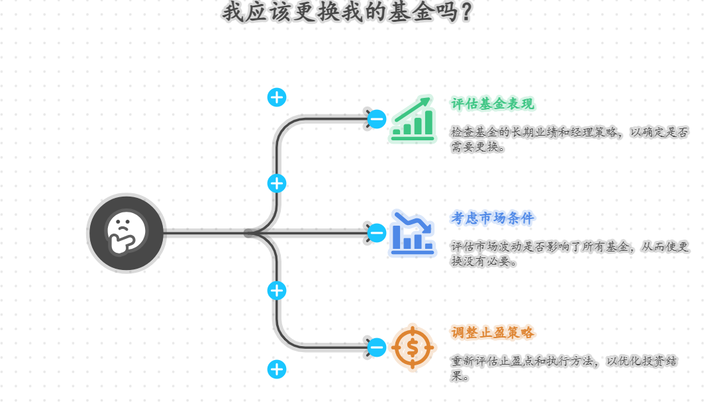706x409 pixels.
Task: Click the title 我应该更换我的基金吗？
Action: [348, 12]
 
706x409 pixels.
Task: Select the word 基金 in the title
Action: [407, 12]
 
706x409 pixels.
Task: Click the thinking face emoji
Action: [126, 232]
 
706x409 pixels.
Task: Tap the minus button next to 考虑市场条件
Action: [377, 233]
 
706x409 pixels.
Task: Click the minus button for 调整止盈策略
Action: [377, 347]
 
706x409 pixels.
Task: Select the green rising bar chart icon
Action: [412, 119]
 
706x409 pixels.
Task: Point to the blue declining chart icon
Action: [412, 233]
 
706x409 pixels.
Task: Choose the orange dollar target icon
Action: [412, 347]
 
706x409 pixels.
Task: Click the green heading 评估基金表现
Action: [493, 104]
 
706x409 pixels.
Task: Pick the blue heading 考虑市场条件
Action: [493, 218]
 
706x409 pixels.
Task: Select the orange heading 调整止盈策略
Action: [493, 332]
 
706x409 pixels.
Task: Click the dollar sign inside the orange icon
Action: [412, 347]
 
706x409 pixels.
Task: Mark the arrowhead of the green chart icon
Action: [425, 101]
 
